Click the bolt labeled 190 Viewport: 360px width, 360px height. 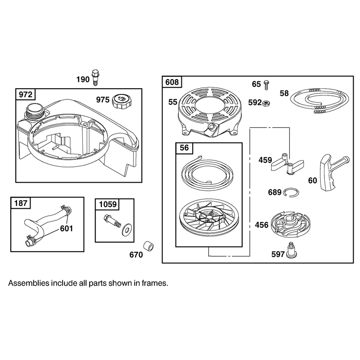[x=95, y=77]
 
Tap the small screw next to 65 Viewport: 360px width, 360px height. [x=266, y=85]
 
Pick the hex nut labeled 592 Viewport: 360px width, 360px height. [x=266, y=103]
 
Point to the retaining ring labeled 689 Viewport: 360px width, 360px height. [x=291, y=192]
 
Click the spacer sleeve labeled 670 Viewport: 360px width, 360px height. [x=148, y=246]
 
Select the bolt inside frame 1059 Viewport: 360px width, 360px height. [x=112, y=220]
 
